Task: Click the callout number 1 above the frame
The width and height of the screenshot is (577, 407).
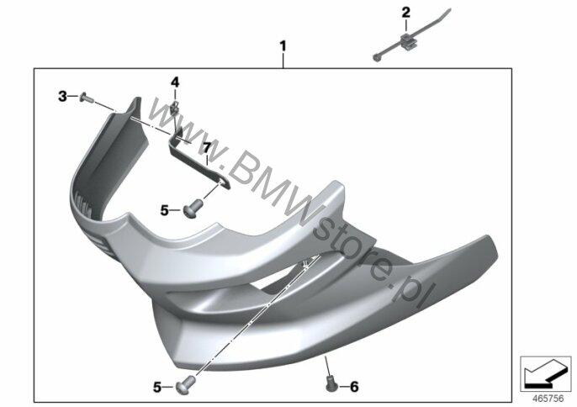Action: point(283,47)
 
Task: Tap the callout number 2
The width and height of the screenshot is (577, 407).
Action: point(406,13)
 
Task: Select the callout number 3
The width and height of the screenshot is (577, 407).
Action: point(62,97)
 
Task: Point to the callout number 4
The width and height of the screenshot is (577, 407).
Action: point(175,82)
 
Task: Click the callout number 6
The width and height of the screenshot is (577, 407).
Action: point(353,387)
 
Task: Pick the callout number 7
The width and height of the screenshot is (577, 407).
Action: point(207,148)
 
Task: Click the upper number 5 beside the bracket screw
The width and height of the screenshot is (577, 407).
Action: point(164,211)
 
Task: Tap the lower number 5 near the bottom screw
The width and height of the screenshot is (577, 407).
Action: point(157,387)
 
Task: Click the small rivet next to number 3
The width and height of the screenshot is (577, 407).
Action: point(87,98)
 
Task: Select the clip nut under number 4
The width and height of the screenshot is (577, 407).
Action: point(175,108)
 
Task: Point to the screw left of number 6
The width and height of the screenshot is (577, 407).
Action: point(332,384)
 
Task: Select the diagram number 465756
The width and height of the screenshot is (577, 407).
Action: point(548,399)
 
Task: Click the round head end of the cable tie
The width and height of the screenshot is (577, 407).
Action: point(376,57)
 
